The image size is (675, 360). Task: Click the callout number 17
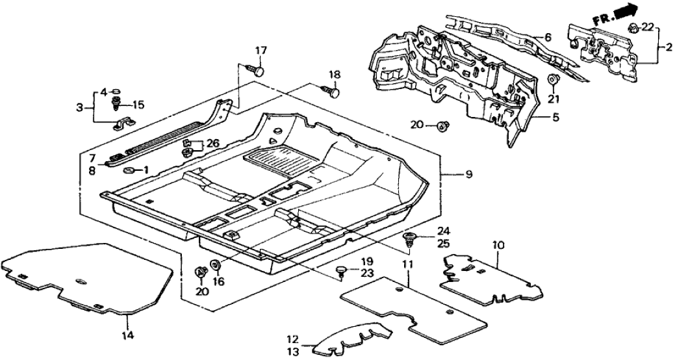point(261,50)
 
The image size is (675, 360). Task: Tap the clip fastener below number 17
point(257,69)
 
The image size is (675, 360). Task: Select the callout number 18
point(334,75)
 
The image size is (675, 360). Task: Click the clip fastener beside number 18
point(333,93)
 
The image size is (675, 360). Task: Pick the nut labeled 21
point(554,81)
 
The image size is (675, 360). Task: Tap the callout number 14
point(127,335)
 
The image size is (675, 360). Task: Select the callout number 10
point(498,245)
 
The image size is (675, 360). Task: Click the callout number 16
point(218,281)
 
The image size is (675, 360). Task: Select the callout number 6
point(548,38)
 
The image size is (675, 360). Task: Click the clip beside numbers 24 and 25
point(410,238)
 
